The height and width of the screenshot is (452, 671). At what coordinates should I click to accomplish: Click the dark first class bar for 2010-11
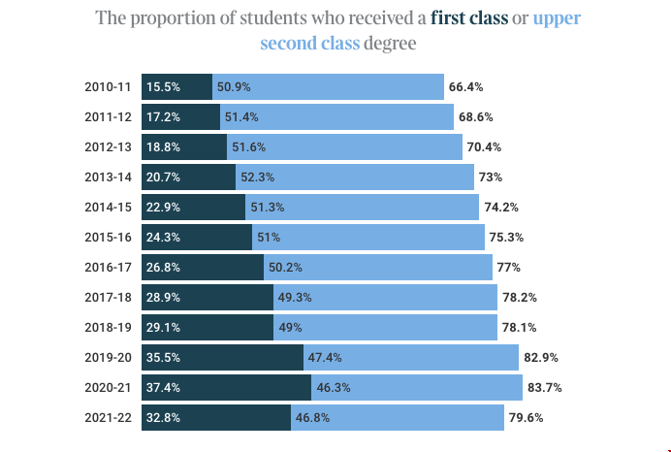(x=176, y=86)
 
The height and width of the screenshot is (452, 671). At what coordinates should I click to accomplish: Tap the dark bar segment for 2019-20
(x=222, y=358)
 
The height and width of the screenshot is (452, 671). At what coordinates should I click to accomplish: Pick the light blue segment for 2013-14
(x=355, y=177)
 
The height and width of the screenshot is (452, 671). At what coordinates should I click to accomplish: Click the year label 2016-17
(x=108, y=268)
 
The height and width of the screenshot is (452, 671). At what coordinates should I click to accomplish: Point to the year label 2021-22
(x=108, y=418)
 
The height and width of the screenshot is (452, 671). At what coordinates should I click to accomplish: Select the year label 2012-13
(x=108, y=147)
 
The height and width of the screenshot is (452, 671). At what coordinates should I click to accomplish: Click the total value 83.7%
(x=543, y=388)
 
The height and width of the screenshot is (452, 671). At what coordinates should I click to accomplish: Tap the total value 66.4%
(x=465, y=86)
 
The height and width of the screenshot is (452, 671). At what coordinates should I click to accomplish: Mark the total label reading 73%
(x=491, y=178)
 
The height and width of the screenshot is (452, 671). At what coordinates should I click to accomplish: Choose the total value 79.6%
(x=527, y=418)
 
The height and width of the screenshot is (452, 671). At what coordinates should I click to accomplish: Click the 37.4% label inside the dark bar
(x=163, y=388)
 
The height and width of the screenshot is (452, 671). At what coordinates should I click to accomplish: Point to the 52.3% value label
(x=258, y=178)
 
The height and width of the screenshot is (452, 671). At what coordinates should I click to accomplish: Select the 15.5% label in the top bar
(x=163, y=86)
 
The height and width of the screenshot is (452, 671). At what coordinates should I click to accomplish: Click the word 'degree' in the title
(x=391, y=44)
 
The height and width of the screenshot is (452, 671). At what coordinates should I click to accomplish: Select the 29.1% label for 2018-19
(x=163, y=328)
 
